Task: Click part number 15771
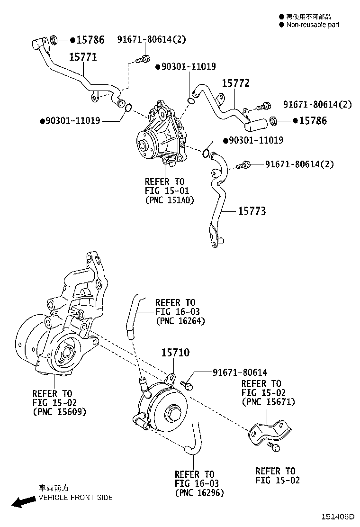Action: [83, 57]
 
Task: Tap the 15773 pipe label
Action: [252, 211]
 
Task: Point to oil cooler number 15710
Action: [175, 353]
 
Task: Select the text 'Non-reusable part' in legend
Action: [312, 25]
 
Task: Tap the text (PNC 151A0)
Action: [170, 200]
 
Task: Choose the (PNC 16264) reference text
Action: [180, 321]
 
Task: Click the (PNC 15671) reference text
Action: [268, 402]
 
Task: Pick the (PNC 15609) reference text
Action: [60, 412]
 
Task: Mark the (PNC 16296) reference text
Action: [199, 493]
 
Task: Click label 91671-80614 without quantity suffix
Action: [233, 373]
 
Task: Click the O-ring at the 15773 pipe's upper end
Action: [207, 153]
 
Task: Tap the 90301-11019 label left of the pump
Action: [72, 121]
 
